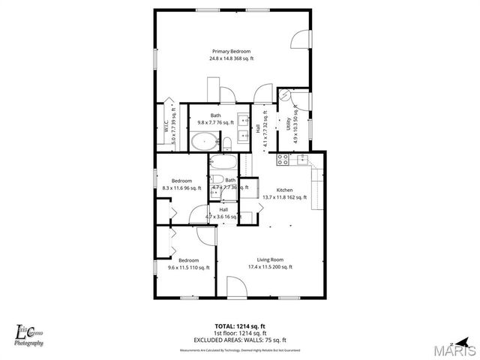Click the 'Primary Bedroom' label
231,51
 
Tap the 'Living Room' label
269,259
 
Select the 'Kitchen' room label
284,190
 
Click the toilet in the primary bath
226,142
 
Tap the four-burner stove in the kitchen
283,159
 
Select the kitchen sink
303,158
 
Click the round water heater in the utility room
285,95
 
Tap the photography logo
29,334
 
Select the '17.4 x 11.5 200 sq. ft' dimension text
269,267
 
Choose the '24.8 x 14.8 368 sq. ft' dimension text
231,58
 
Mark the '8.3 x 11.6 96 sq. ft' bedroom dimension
181,187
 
